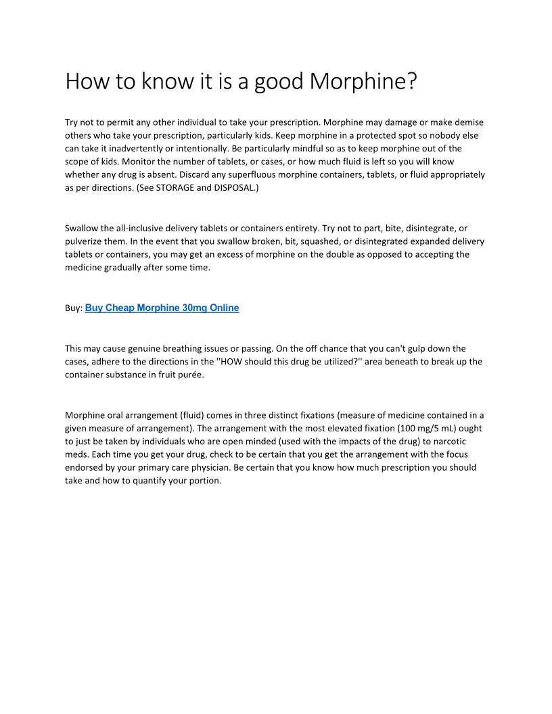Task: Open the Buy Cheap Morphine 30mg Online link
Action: (x=162, y=308)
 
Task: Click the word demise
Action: (x=469, y=122)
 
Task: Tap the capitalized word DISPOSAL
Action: (x=235, y=188)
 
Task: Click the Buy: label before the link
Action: (x=74, y=308)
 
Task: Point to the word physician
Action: (x=204, y=467)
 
